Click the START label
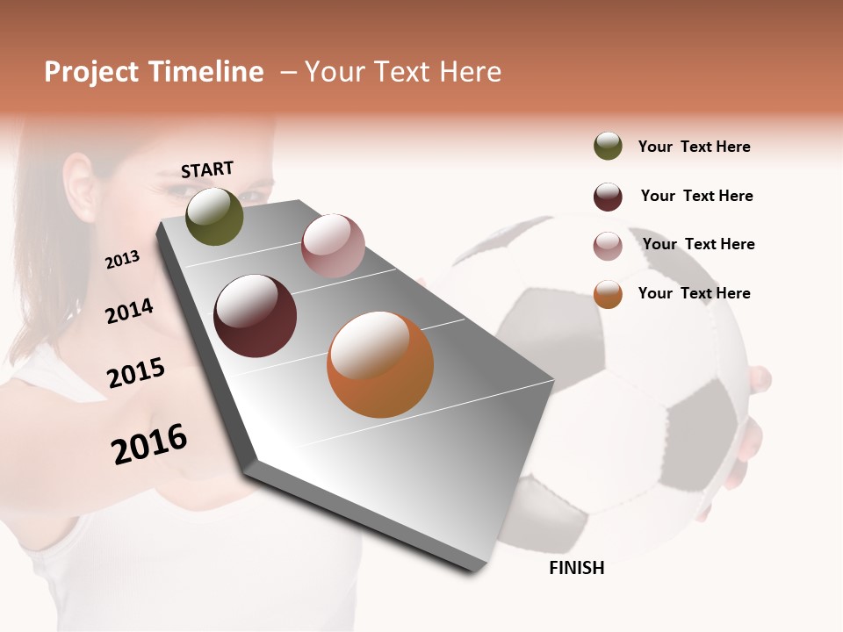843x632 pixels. click(207, 169)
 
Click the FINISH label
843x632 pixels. click(577, 568)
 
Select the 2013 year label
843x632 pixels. click(123, 260)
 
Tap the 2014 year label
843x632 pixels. click(129, 311)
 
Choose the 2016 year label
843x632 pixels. click(149, 443)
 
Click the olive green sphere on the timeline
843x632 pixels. click(214, 216)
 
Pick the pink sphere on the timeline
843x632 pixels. click(333, 245)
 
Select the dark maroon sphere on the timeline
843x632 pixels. click(256, 316)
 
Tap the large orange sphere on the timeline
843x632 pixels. click(380, 364)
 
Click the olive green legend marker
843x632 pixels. click(608, 146)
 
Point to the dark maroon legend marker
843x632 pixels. click(608, 197)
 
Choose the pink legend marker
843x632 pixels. click(608, 246)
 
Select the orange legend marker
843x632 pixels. click(608, 294)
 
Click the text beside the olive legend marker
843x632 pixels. click(694, 147)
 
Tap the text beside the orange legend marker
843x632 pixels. click(694, 293)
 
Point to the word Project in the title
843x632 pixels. click(91, 72)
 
